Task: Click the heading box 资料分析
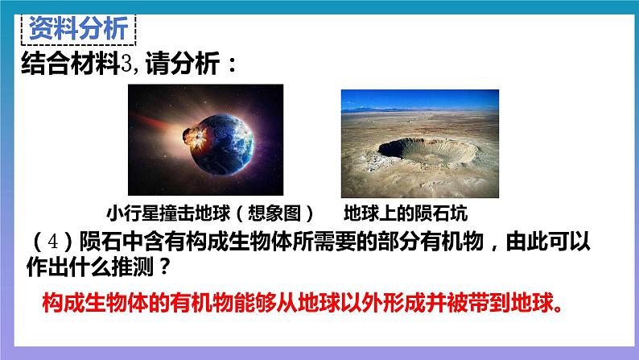point(77,30)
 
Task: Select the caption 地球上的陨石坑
point(405,214)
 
